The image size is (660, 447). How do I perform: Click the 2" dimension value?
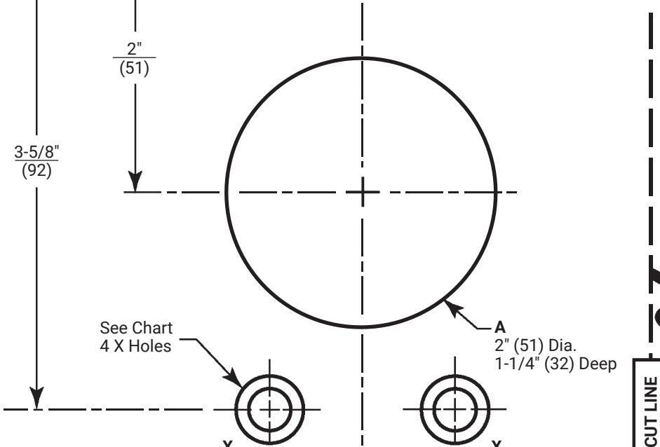pos(134,49)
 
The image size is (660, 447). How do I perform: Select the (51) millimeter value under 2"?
pos(134,68)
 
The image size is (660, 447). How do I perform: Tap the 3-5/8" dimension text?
pos(36,151)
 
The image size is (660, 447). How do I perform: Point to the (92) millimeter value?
pos(36,171)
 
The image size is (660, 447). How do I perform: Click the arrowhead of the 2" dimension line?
pos(135,181)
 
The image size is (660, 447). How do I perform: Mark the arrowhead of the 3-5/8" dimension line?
pos(36,398)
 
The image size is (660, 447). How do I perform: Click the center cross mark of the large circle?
pos(363,192)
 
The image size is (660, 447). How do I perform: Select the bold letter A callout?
pos(499,327)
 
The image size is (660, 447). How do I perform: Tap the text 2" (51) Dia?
pos(535,345)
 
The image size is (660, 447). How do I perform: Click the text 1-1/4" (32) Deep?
pos(555,364)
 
